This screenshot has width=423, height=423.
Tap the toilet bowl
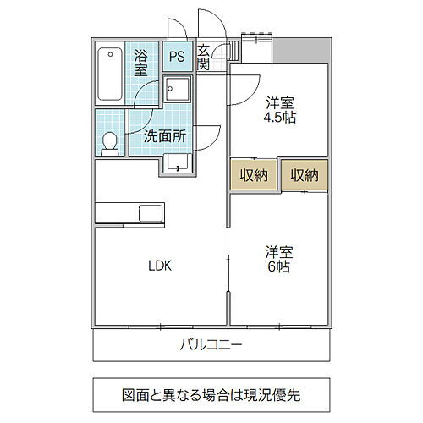click(109, 143)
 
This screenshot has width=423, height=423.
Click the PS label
click(177, 57)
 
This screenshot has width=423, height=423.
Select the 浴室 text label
click(141, 65)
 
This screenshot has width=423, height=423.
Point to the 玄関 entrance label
click(204, 61)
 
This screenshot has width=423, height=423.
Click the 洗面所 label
click(165, 135)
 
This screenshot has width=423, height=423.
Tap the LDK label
click(161, 266)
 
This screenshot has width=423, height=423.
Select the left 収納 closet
click(254, 175)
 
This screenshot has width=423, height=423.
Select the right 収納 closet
click(304, 175)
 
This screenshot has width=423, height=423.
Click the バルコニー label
click(211, 344)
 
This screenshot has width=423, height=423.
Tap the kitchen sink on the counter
click(150, 212)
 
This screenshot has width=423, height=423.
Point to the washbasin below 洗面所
click(178, 162)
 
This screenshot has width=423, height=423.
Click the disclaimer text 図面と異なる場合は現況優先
click(211, 394)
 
